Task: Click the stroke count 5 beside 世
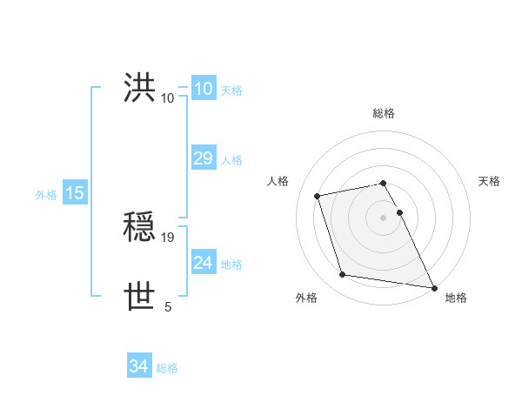(168, 306)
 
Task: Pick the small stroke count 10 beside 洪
(168, 97)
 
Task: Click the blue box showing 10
(204, 88)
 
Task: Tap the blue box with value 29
(204, 158)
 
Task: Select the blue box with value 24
(204, 262)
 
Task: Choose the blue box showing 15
(75, 193)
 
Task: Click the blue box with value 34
(139, 366)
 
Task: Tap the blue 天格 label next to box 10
(231, 90)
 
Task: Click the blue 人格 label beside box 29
(231, 159)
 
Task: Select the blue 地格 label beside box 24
(231, 264)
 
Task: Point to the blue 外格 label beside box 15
(46, 195)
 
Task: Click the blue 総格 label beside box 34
(167, 368)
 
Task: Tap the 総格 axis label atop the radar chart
(384, 113)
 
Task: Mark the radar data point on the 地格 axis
(432, 286)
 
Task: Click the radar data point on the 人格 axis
(318, 195)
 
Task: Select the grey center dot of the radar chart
(384, 218)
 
